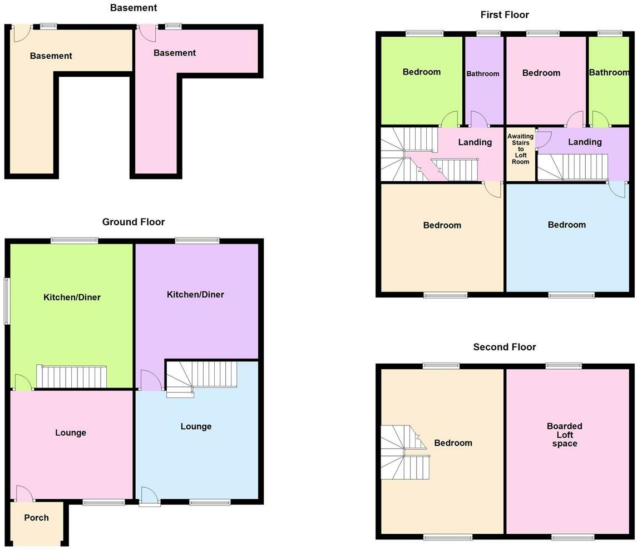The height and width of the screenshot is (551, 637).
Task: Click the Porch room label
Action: [x=36, y=518]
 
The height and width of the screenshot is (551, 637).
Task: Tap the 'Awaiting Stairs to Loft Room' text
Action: [x=520, y=149]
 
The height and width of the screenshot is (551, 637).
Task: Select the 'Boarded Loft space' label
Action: [x=564, y=435]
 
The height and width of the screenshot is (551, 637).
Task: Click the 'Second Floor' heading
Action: [x=504, y=347]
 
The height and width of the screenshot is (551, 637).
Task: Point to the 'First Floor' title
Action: [x=505, y=14]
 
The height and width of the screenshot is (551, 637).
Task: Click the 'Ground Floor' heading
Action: [x=134, y=222]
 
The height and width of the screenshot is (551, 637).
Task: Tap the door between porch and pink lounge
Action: [x=24, y=493]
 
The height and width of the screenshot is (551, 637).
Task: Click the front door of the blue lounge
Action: [x=149, y=497]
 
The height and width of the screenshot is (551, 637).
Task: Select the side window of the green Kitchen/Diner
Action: [x=7, y=301]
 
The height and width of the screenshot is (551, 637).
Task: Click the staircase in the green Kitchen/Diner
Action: [x=71, y=376]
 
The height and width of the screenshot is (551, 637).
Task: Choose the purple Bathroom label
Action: [x=482, y=73]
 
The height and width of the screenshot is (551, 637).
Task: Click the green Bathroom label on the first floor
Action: [x=609, y=72]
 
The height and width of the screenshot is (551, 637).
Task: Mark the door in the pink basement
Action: [x=147, y=32]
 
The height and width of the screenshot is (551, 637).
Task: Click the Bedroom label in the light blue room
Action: [x=566, y=225]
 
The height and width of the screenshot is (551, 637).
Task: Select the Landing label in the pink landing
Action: [x=475, y=142]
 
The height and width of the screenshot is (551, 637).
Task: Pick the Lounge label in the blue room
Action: [x=196, y=426]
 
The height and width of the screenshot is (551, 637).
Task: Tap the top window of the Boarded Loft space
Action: [x=563, y=365]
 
